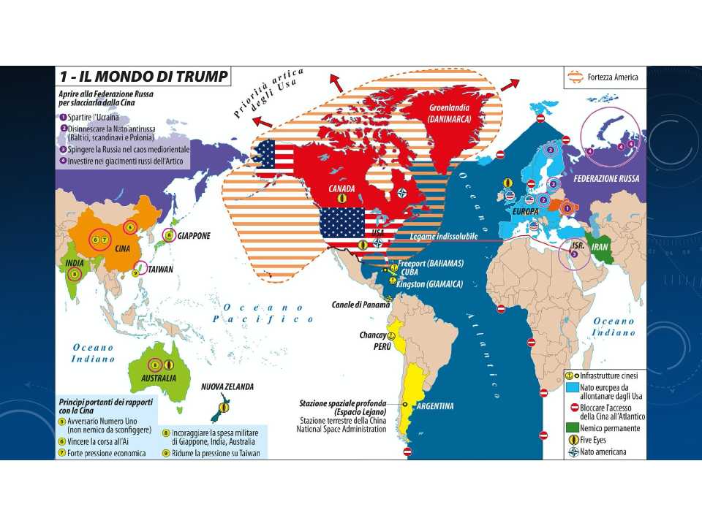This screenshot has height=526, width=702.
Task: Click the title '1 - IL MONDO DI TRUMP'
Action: coord(143,76)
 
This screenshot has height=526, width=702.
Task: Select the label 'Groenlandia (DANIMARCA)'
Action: coord(439,113)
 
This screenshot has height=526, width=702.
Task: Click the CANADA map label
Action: coord(341,188)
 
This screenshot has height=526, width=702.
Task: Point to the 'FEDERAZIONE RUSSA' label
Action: coord(605,179)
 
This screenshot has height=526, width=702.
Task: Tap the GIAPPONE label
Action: coord(194,236)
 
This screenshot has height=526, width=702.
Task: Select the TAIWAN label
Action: coord(160,270)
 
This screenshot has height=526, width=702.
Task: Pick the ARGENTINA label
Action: coord(436,406)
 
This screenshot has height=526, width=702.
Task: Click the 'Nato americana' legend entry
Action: coord(603,451)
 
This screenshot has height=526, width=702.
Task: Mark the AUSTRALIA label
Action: coord(158,378)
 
